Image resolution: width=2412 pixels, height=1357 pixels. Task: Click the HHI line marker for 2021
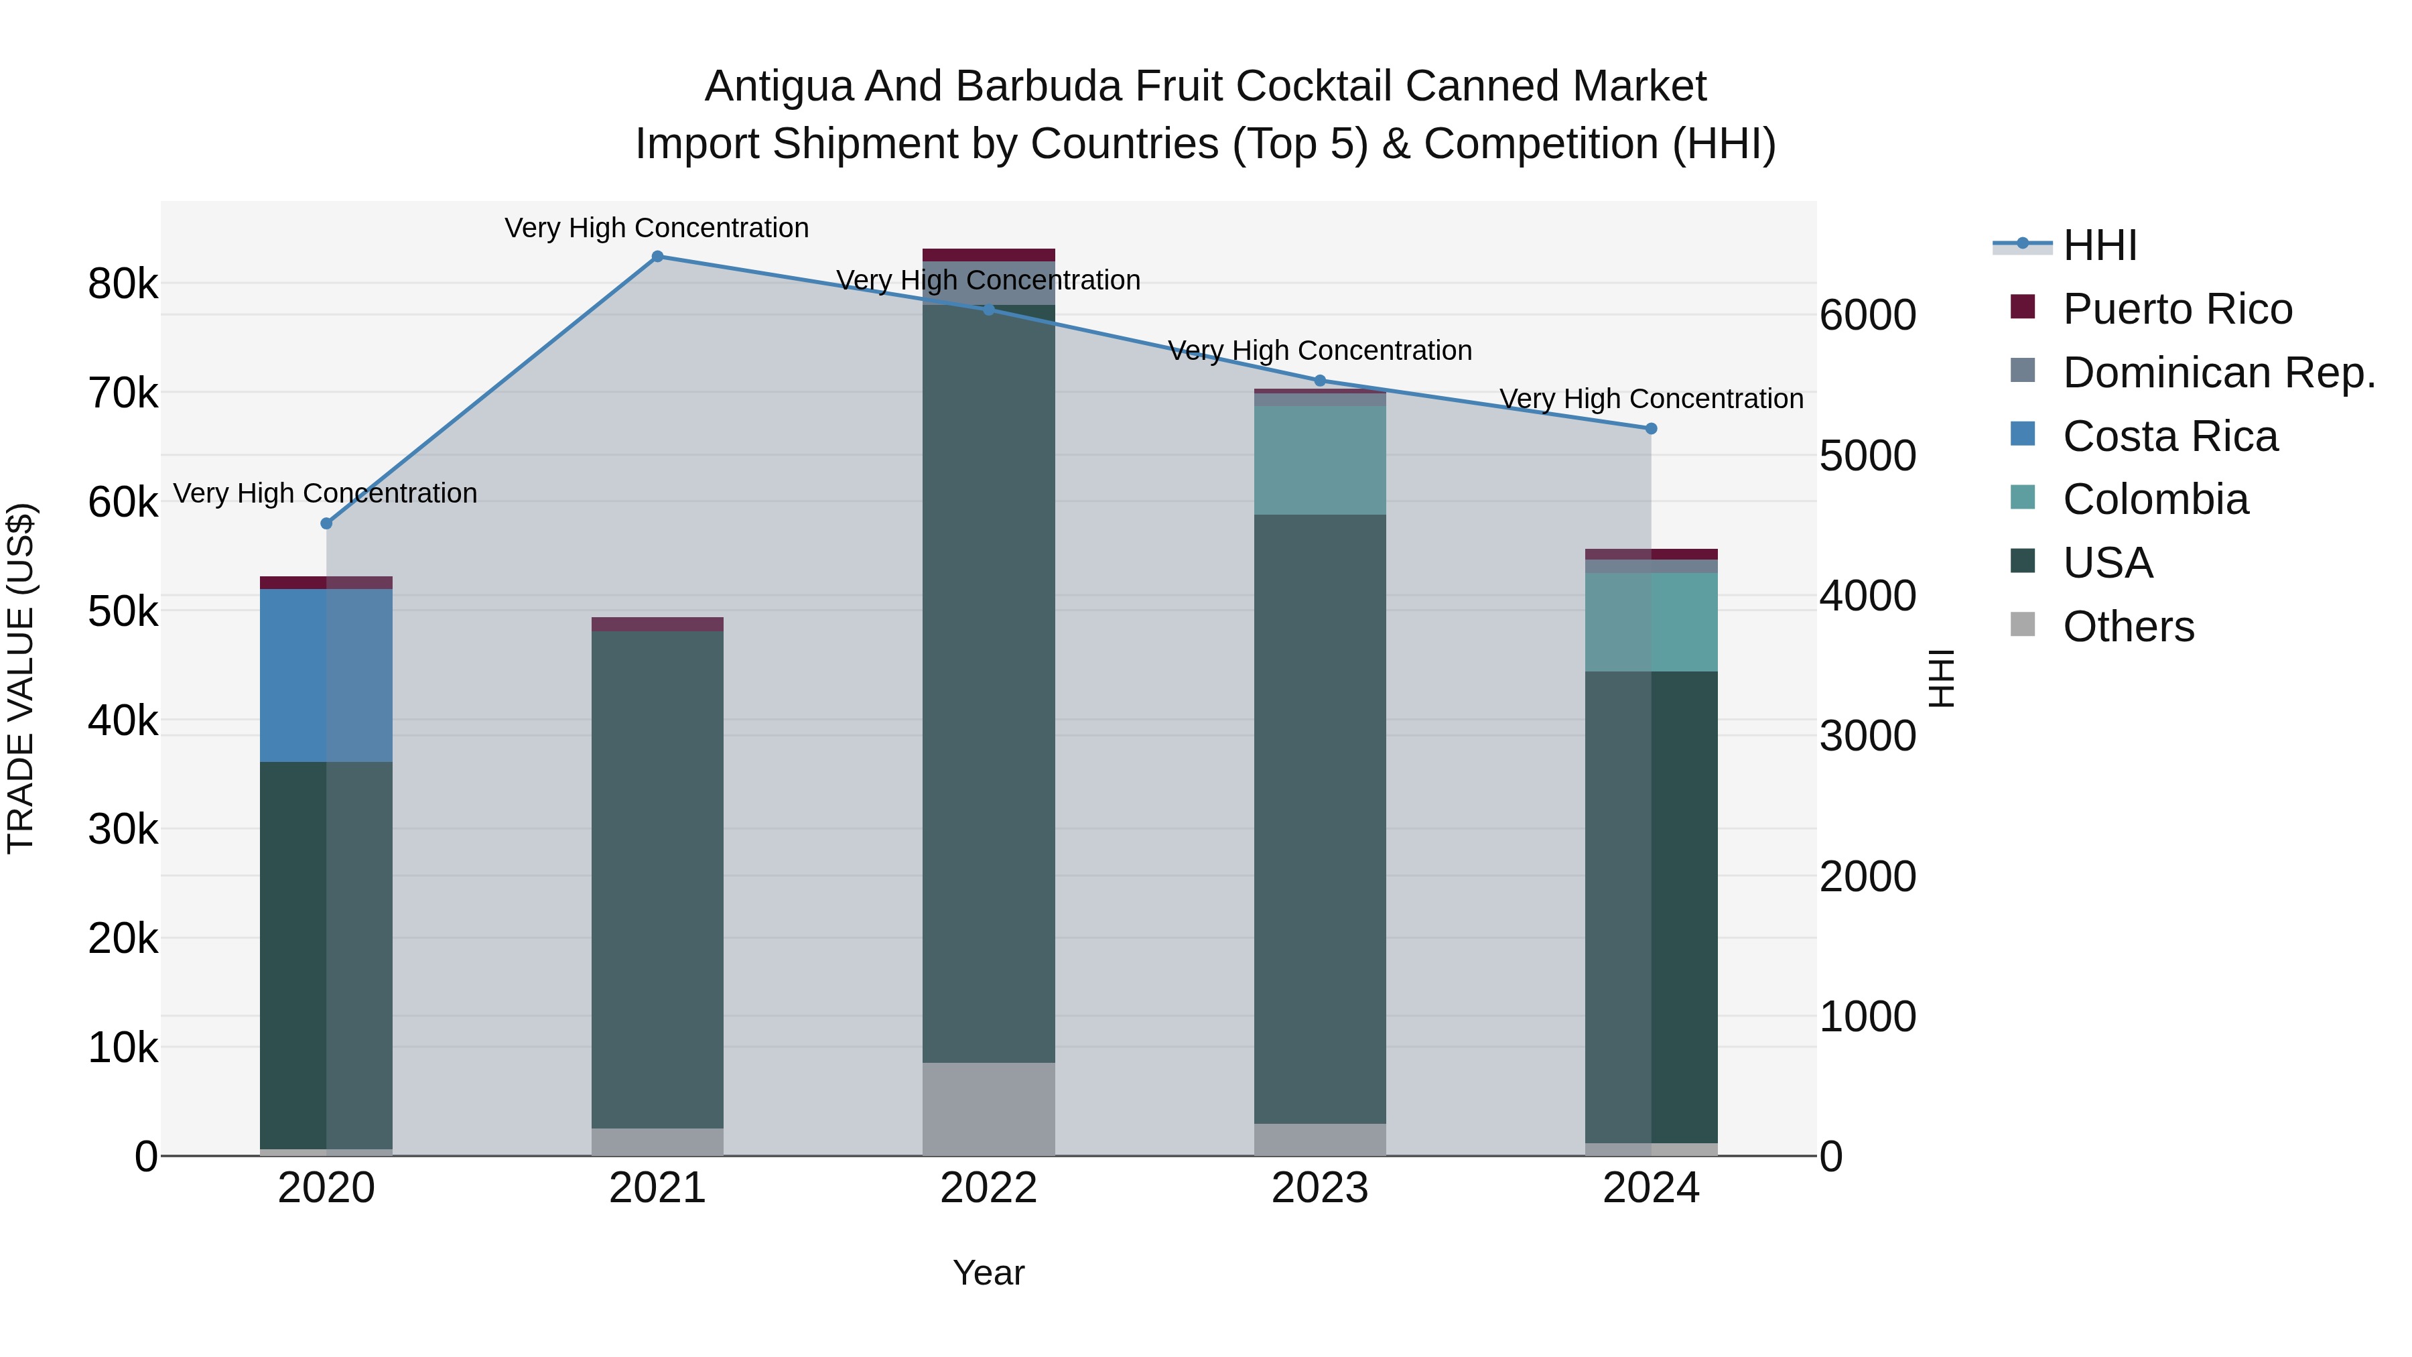[x=657, y=257]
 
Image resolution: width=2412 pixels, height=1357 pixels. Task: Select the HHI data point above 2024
[x=1651, y=429]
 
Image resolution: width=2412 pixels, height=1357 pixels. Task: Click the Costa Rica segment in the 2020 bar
[x=326, y=675]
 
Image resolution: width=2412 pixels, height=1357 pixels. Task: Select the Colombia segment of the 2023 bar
[x=1319, y=460]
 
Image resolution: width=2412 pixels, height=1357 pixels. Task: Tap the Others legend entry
[x=2127, y=627]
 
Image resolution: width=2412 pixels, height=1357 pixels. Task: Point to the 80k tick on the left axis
[x=123, y=283]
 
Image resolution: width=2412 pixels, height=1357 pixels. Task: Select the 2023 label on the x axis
[x=1319, y=1188]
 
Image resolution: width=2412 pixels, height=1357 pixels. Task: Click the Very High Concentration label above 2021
[x=657, y=229]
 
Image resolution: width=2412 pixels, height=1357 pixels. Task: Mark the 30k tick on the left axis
[x=123, y=830]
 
